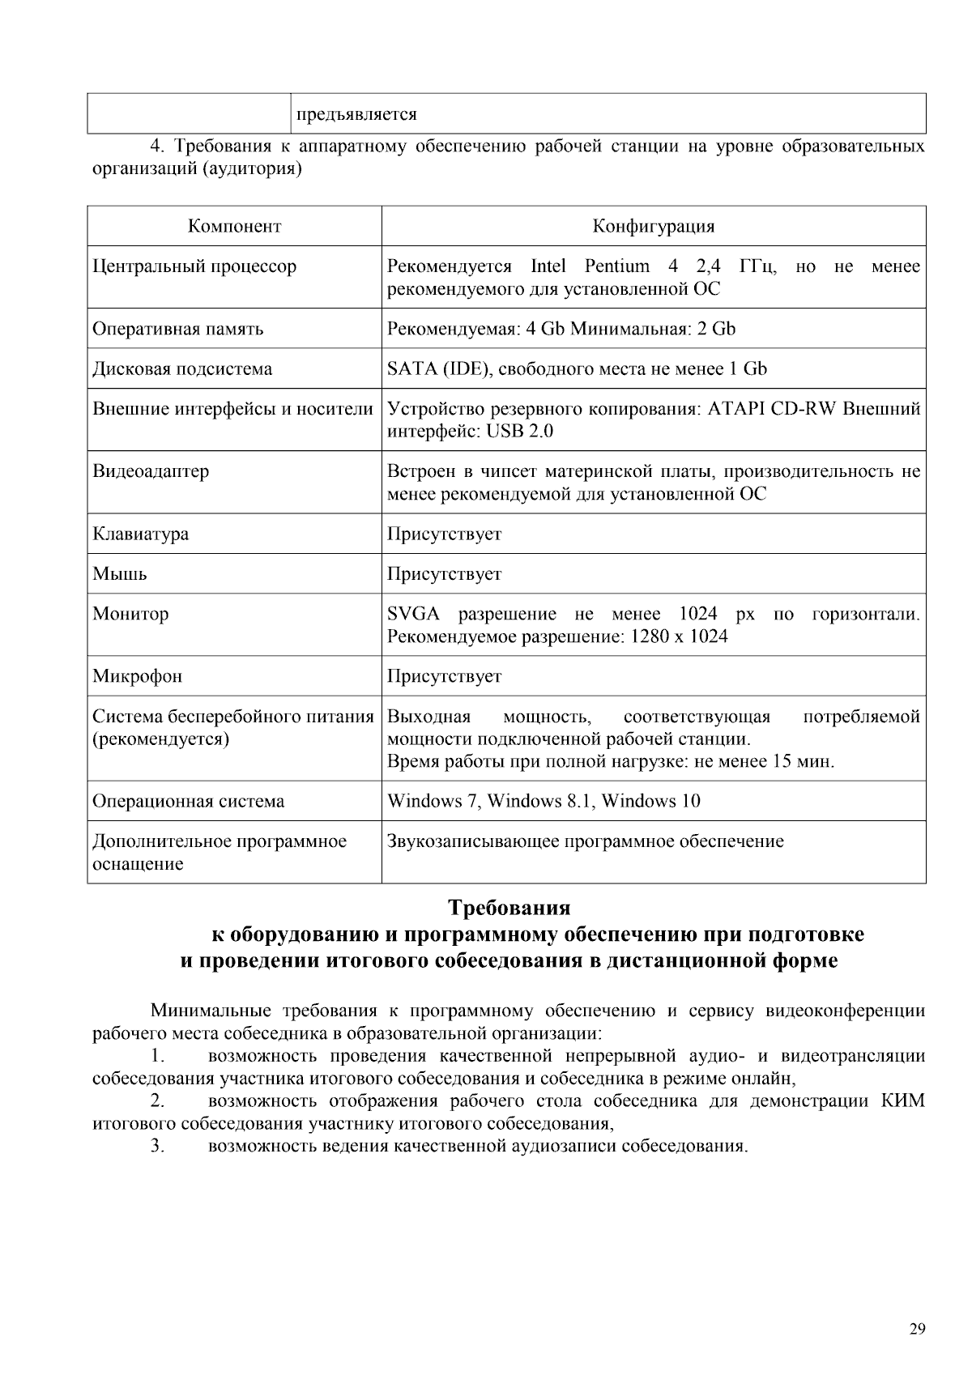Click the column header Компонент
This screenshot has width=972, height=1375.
point(234,226)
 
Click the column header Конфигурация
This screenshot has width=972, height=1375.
point(653,226)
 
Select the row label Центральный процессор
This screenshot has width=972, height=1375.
point(194,266)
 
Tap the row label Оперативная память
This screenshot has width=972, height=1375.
point(177,329)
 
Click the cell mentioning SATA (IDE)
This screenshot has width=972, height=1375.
point(577,369)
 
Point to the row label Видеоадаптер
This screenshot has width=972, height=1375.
point(151,471)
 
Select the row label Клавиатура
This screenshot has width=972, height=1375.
point(140,534)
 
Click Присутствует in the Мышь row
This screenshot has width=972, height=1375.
point(444,574)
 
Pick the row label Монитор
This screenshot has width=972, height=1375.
point(130,614)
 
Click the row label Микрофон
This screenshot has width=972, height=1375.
point(137,676)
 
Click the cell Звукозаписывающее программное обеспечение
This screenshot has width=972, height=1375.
point(585,841)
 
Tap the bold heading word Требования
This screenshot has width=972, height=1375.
point(509,907)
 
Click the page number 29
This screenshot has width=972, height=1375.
point(917,1328)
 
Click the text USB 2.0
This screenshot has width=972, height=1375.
point(519,432)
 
